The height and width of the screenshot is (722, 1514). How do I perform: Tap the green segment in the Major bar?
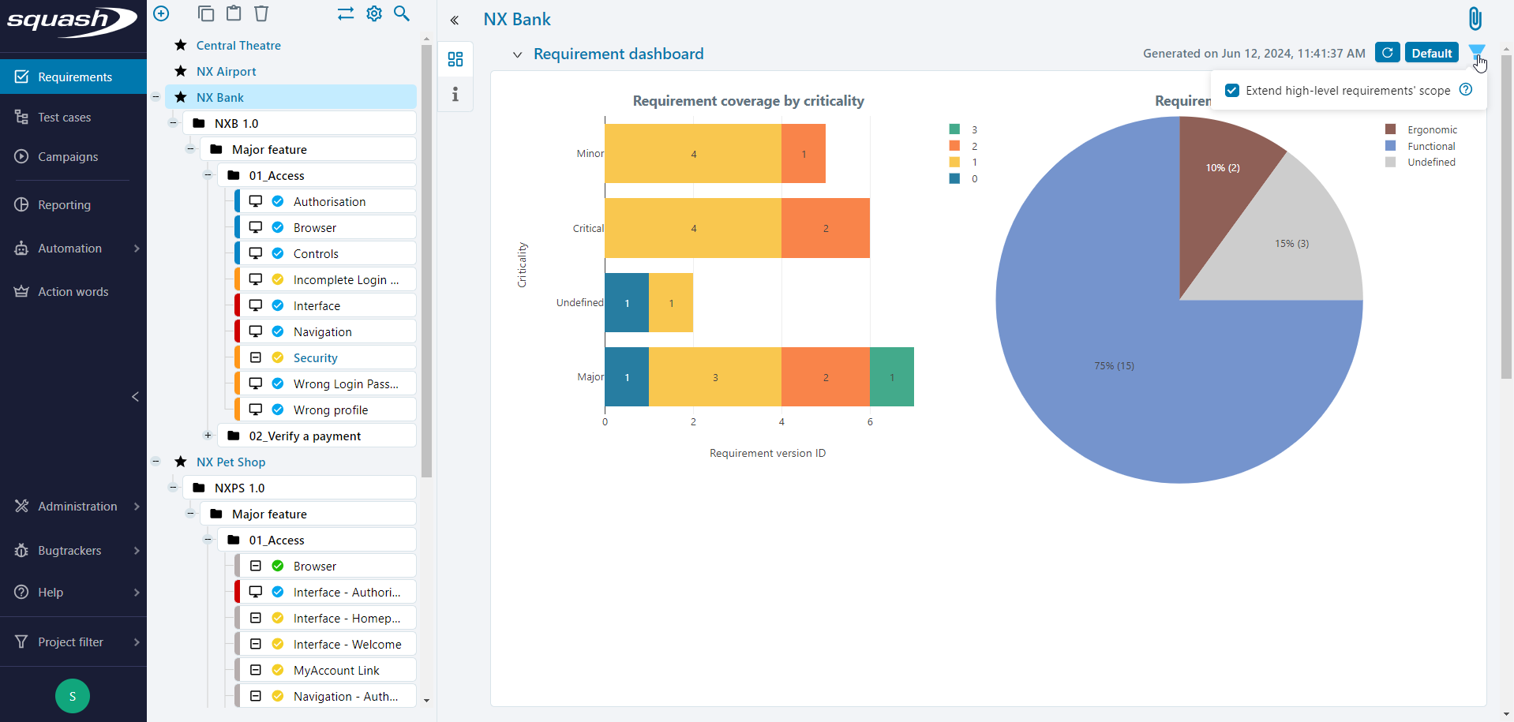tap(892, 377)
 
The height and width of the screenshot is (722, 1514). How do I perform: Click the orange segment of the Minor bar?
tap(804, 154)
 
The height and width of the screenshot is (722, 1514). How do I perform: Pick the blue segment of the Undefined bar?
tap(627, 303)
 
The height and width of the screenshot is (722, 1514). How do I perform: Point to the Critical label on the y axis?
tap(588, 228)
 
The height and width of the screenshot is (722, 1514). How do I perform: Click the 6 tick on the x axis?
tap(870, 422)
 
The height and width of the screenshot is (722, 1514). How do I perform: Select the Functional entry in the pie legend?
tap(1430, 146)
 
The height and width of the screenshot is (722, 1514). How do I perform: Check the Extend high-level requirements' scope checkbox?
tap(1232, 91)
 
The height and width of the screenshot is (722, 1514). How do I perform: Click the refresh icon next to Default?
tap(1387, 53)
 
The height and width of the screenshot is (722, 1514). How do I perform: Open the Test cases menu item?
tap(64, 118)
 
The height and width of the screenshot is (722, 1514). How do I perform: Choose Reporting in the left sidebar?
tap(64, 205)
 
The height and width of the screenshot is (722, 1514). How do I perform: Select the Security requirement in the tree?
tap(315, 358)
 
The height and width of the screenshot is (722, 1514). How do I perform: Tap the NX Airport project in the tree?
tap(226, 72)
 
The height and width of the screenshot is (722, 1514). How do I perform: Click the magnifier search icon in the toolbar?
tap(402, 13)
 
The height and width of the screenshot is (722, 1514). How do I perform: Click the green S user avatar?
tap(73, 696)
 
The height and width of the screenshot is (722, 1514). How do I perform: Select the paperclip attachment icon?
tap(1475, 18)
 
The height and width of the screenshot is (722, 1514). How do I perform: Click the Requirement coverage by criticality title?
tap(748, 101)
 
